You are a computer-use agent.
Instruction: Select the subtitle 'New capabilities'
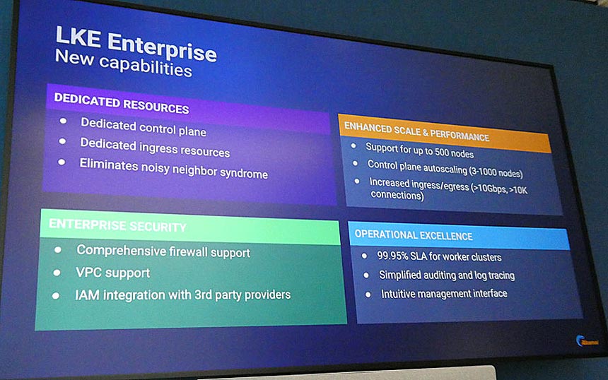[x=123, y=64]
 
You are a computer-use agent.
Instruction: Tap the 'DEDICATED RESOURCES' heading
[x=121, y=104]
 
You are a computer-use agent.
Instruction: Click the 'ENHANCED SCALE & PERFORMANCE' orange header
[x=416, y=132]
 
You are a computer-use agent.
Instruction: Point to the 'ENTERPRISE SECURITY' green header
[x=117, y=227]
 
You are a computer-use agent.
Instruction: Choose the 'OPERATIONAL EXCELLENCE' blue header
[x=414, y=235]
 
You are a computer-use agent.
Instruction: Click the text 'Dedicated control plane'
[x=143, y=127]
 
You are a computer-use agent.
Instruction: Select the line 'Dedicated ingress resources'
[x=155, y=148]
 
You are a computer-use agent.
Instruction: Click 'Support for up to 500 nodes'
[x=419, y=150]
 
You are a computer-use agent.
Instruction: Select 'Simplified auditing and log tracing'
[x=446, y=275]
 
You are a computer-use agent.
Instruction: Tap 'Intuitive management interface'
[x=443, y=293]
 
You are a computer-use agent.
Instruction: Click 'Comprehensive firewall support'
[x=163, y=251]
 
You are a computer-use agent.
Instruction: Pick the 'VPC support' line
[x=113, y=273]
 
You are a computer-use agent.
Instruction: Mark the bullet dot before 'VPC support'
[x=56, y=273]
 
